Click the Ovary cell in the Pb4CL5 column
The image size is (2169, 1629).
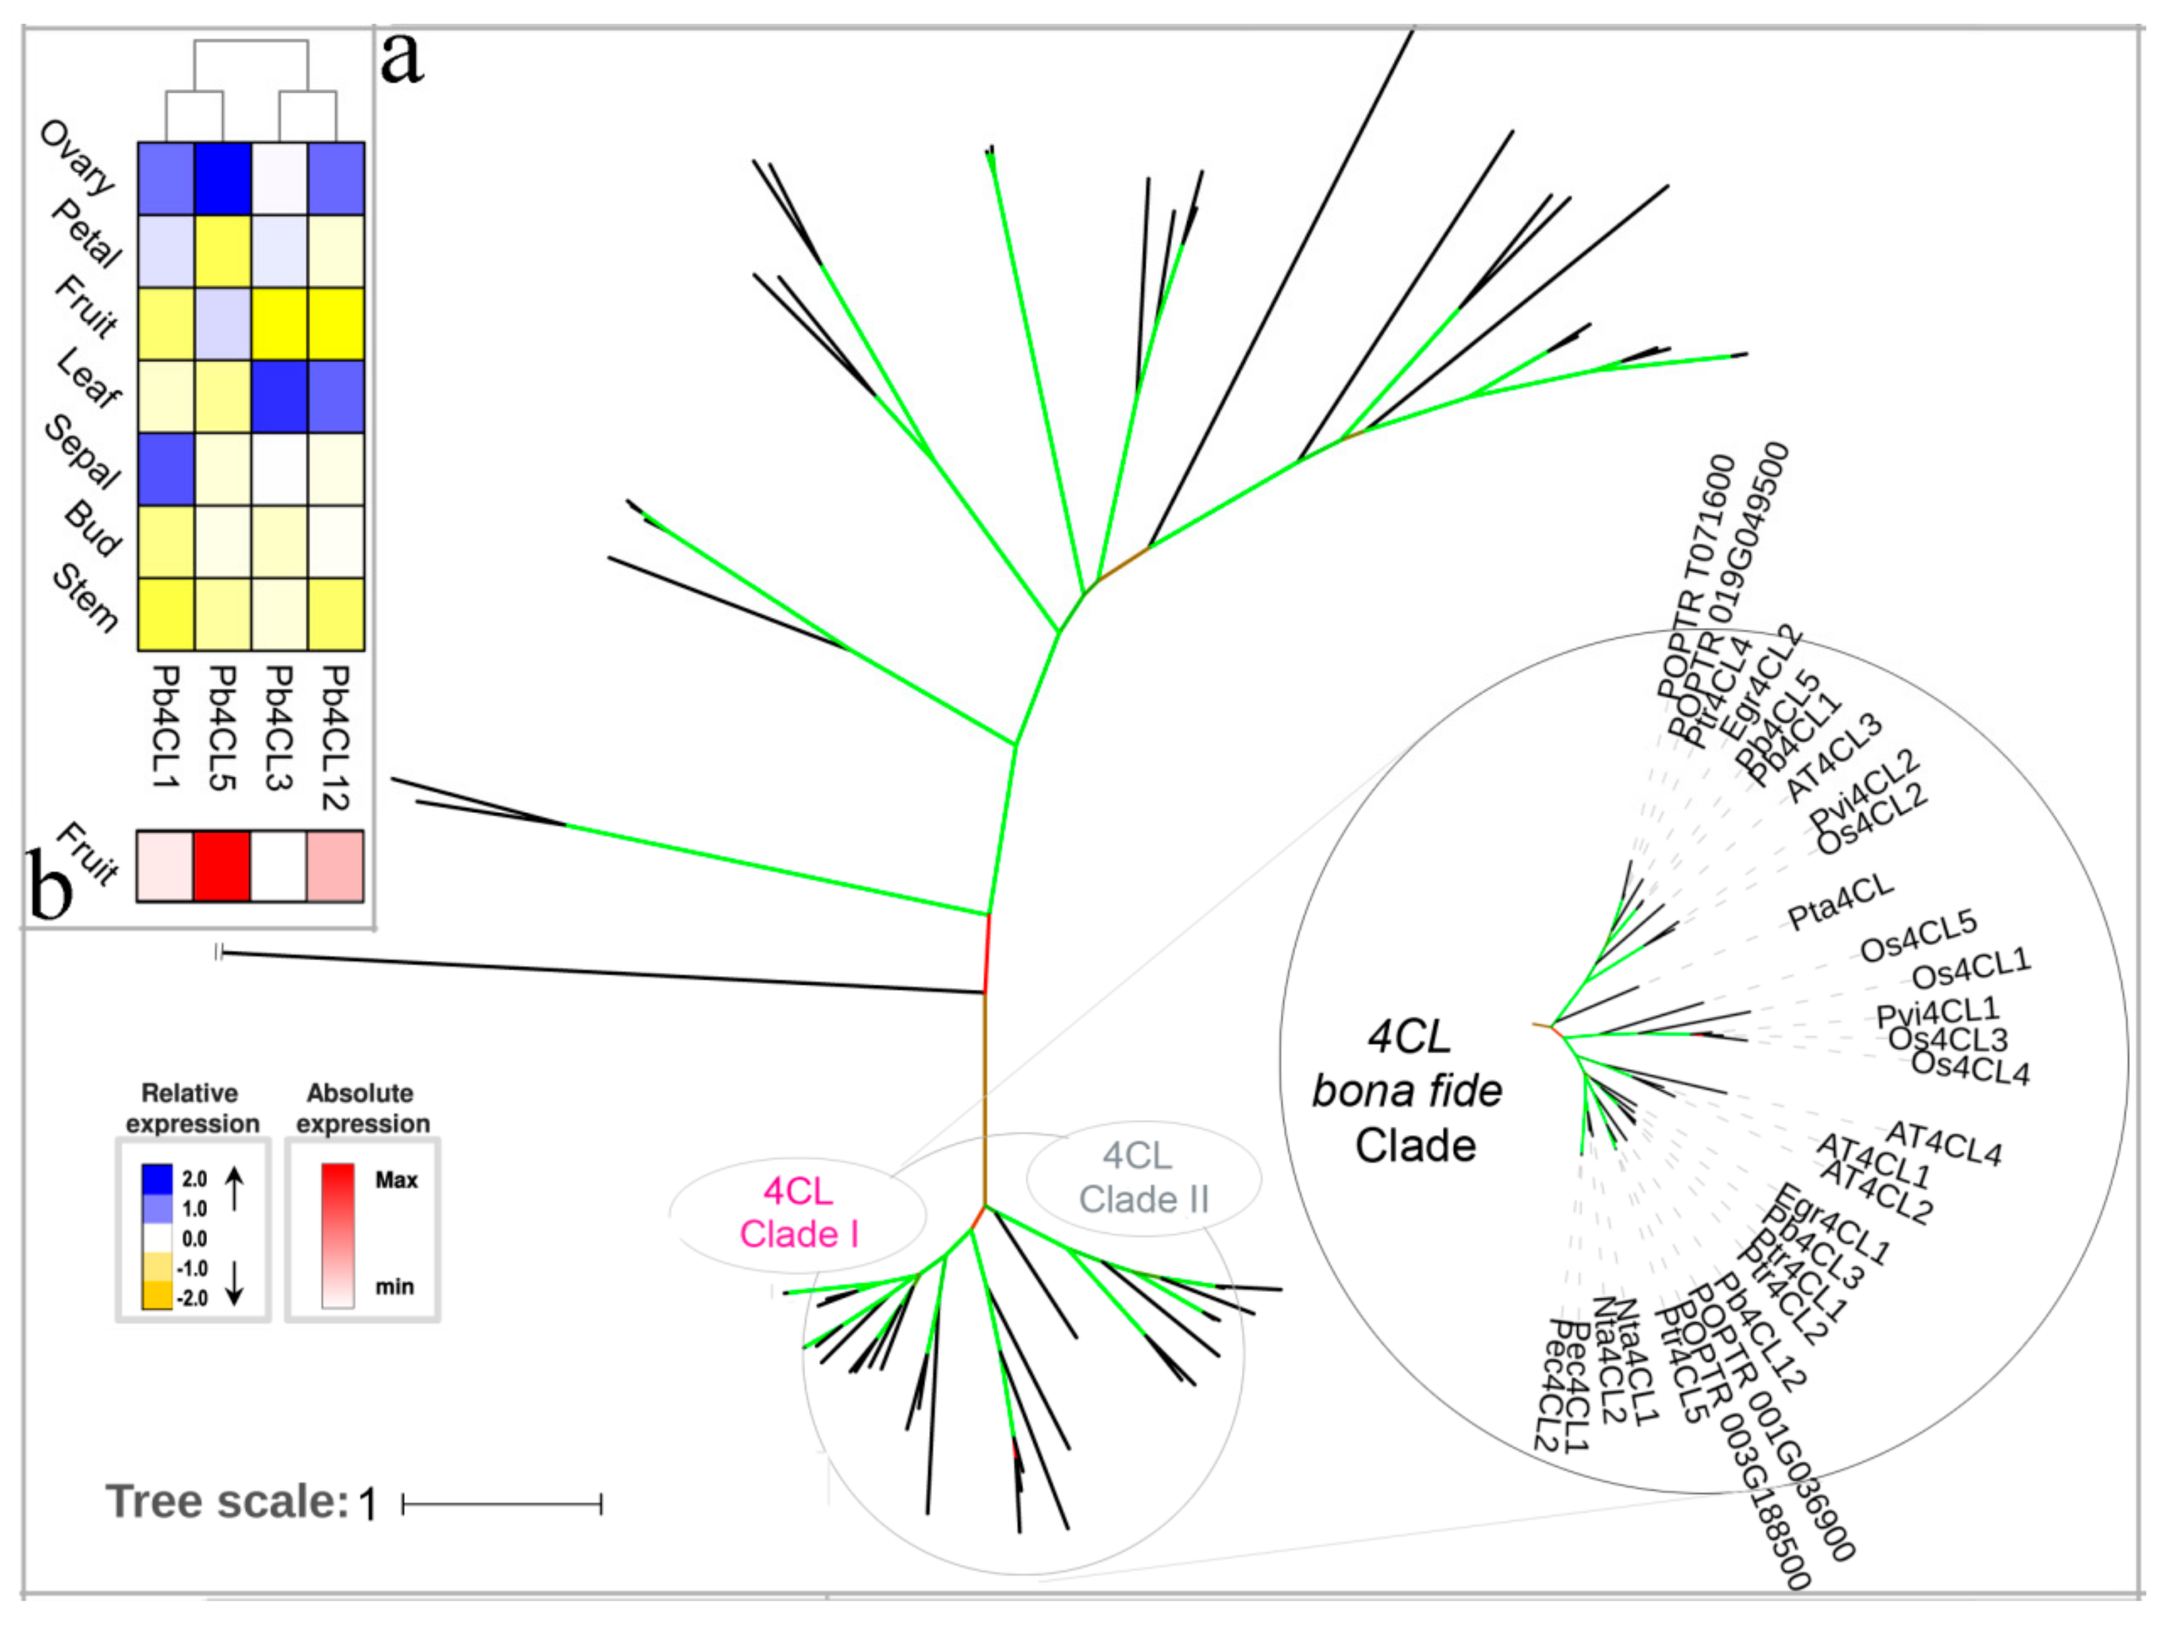223,179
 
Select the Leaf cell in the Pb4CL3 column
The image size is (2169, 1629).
280,396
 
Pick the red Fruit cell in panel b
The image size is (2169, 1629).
223,866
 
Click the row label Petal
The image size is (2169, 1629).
87,233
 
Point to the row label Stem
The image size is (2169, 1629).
85,598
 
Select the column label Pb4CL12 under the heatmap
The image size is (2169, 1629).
336,737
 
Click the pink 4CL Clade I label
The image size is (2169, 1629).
798,1212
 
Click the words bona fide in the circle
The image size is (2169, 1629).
1407,1091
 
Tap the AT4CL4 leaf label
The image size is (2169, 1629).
1943,1144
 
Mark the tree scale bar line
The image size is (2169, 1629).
502,1504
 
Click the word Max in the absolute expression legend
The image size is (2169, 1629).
396,1180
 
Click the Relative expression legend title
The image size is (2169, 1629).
192,1108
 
